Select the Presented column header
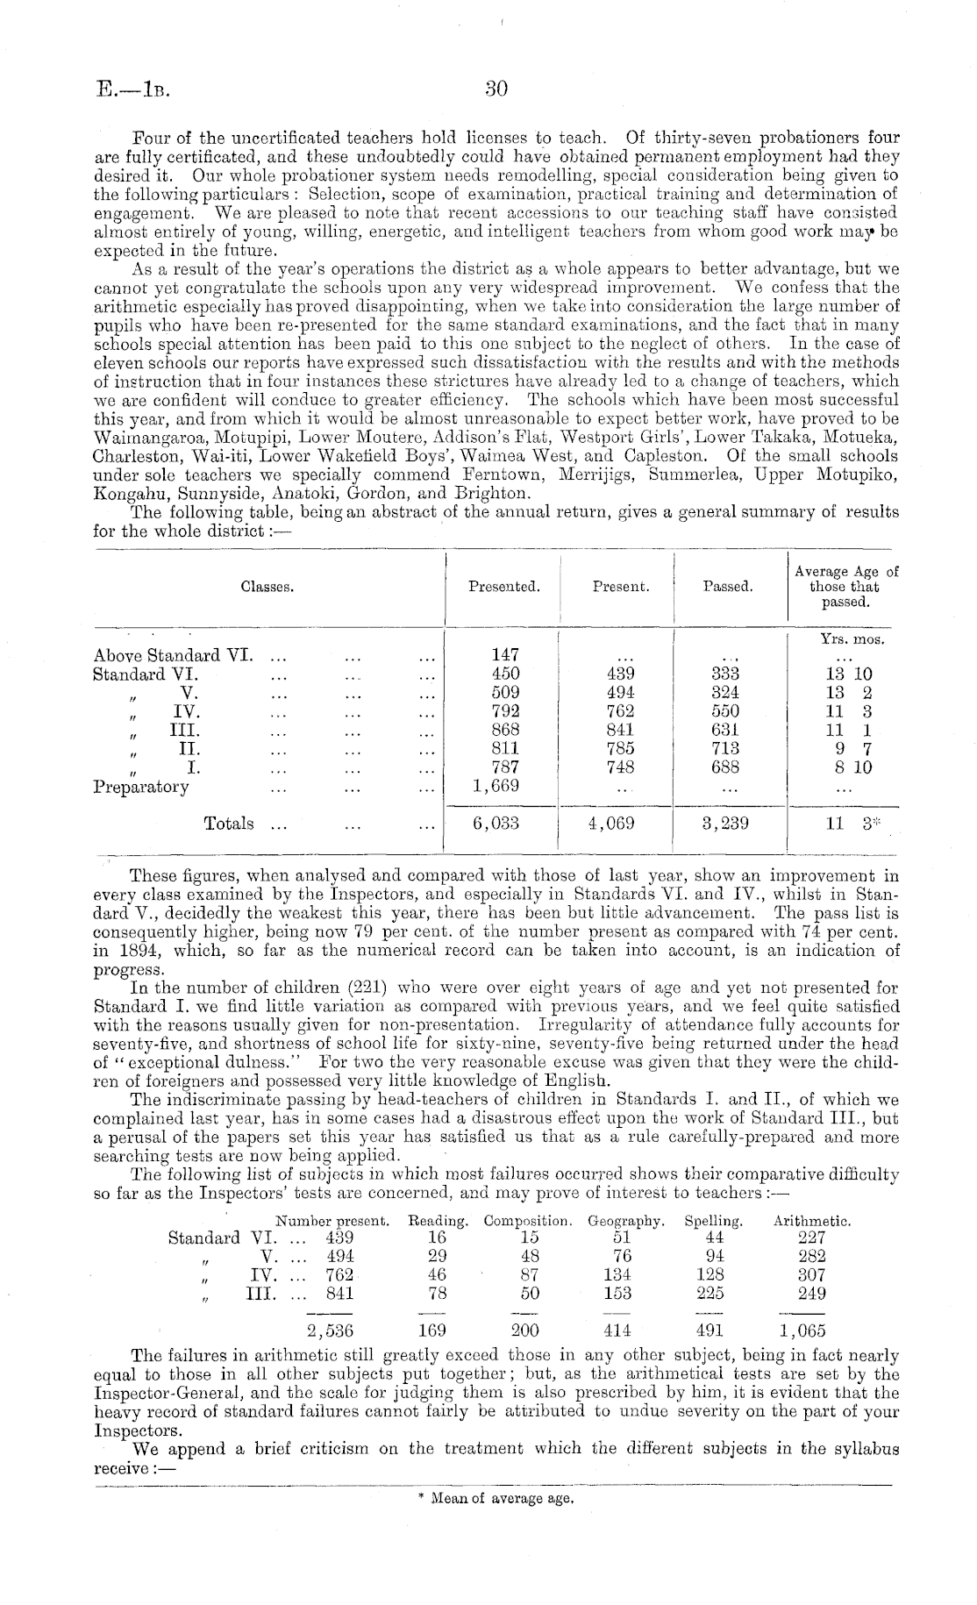point(503,587)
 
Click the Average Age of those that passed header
point(845,587)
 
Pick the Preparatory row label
point(140,787)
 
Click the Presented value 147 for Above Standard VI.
point(505,654)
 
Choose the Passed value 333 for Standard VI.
point(726,674)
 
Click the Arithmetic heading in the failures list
point(812,1221)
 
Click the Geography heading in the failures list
point(626,1221)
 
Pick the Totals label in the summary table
point(229,824)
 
